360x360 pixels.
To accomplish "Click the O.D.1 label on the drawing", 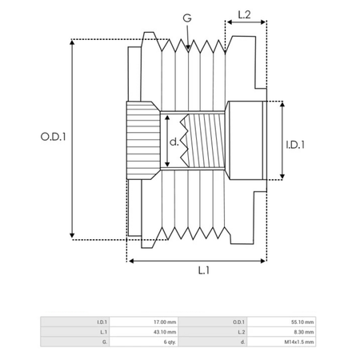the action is point(53,137).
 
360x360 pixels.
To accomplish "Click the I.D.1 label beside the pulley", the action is point(295,145).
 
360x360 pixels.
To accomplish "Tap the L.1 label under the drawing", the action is point(204,270).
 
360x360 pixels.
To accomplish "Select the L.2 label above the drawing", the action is point(244,14).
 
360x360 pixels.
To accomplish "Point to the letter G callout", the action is point(187,18).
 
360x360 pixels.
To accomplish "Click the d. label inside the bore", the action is point(174,142).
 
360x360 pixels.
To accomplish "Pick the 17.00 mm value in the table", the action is point(165,322).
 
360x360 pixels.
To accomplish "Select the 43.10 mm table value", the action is point(165,332).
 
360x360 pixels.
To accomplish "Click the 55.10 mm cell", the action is point(302,322).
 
